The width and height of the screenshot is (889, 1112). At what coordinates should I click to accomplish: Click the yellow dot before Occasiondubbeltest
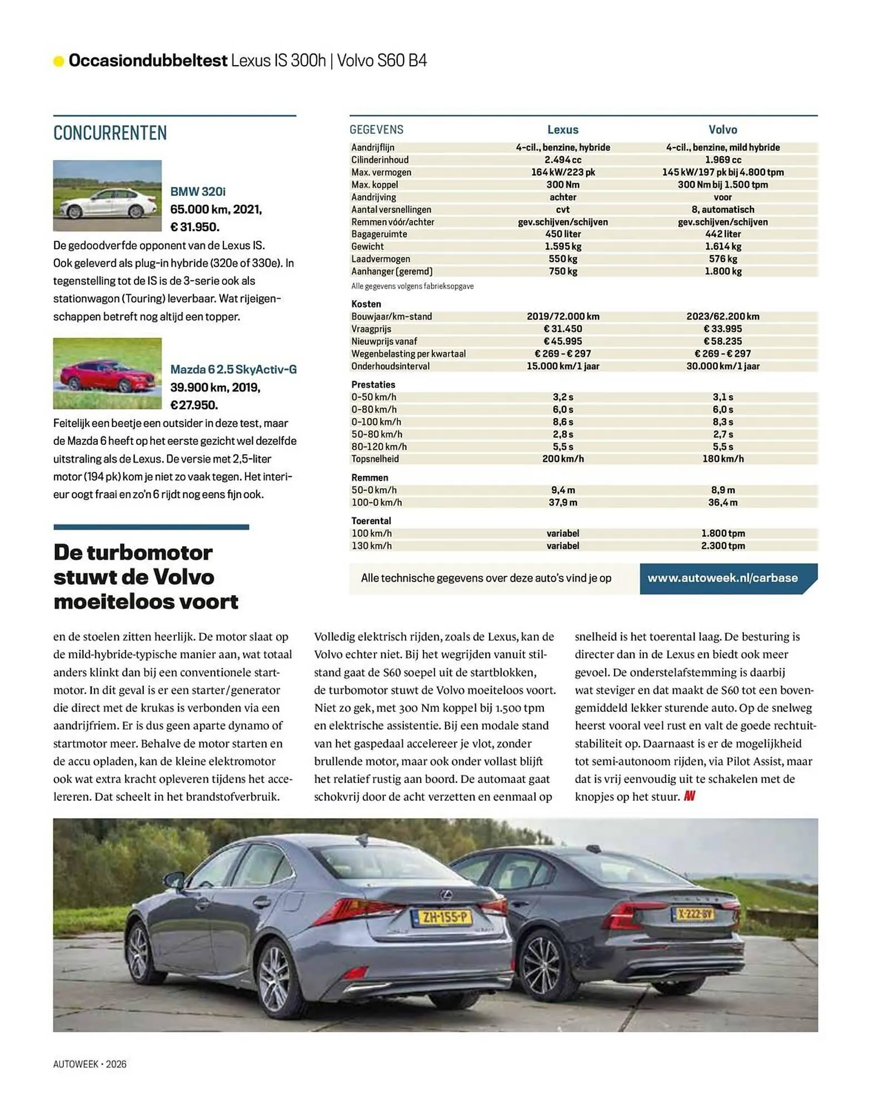pos(58,61)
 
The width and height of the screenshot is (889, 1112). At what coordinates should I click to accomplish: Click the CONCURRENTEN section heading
pos(110,133)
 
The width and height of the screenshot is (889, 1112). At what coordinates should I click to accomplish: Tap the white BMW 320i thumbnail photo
pos(107,196)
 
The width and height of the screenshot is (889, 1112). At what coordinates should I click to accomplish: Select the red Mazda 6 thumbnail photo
pos(107,373)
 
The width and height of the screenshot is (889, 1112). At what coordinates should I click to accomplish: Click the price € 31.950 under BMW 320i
pos(194,227)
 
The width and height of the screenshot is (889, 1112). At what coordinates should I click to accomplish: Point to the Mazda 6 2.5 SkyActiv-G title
pos(233,369)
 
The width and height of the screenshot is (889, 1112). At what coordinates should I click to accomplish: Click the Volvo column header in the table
pos(722,130)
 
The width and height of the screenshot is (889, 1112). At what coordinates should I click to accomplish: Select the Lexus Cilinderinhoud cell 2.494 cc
pos(562,160)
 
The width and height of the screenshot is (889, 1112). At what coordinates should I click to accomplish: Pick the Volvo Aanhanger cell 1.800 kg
pos(722,271)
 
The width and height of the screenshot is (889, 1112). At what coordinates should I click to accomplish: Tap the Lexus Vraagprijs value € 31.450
pos(562,329)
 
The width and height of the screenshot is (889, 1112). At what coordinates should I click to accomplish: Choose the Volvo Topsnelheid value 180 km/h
pos(722,459)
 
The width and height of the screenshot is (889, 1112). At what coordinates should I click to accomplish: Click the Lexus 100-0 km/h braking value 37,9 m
pos(562,502)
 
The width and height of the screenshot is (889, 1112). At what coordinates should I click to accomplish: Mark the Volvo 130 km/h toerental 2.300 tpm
pos(722,545)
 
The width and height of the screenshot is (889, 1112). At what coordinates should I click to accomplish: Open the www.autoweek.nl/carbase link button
pos(722,578)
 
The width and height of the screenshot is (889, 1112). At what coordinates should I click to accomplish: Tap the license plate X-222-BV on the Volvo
pos(694,913)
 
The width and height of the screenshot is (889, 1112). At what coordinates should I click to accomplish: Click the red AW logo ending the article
pos(689,796)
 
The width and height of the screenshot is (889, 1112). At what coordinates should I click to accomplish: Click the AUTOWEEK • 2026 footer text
pos(89,1064)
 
